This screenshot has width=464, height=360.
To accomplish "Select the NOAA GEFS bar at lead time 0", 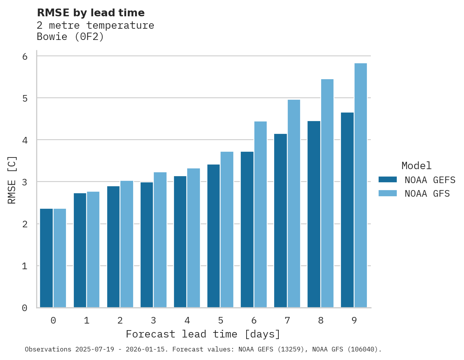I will pyautogui.click(x=46, y=258).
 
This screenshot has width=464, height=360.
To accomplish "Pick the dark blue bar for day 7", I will pyautogui.click(x=280, y=221).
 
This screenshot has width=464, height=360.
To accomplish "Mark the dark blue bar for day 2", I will pyautogui.click(x=113, y=247).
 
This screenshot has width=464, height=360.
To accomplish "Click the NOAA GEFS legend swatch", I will pyautogui.click(x=388, y=180).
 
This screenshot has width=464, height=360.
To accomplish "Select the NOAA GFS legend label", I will pyautogui.click(x=427, y=194).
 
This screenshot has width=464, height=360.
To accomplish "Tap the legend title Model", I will pyautogui.click(x=416, y=166).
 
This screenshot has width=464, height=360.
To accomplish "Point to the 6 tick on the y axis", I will pyautogui.click(x=25, y=57).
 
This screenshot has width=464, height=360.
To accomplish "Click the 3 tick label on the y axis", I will pyautogui.click(x=25, y=182).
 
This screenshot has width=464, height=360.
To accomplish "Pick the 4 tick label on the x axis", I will pyautogui.click(x=187, y=320).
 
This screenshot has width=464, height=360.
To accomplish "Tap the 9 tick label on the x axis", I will pyautogui.click(x=354, y=320).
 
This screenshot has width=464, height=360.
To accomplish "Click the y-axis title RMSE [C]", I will pyautogui.click(x=12, y=180).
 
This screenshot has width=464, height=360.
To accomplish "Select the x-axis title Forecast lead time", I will pyautogui.click(x=203, y=334).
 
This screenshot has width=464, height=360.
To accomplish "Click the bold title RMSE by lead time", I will pyautogui.click(x=91, y=13).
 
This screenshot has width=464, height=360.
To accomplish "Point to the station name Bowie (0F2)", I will pyautogui.click(x=70, y=37).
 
